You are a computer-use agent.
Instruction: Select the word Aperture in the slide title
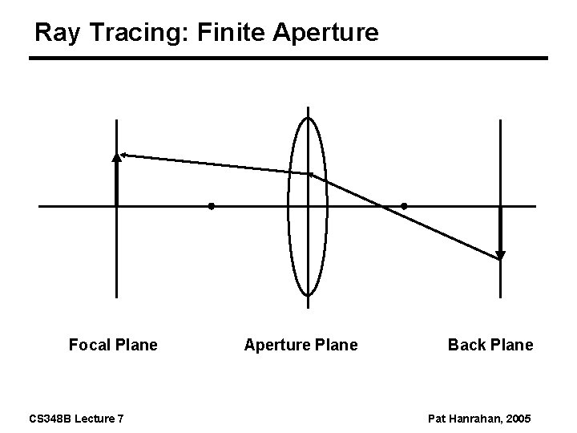click(x=326, y=34)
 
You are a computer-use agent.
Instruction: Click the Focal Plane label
click(x=113, y=345)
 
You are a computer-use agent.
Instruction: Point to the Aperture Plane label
click(x=301, y=345)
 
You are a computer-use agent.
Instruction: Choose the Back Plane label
click(x=490, y=345)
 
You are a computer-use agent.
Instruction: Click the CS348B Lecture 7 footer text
click(x=76, y=419)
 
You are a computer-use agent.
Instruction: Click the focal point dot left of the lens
click(x=211, y=206)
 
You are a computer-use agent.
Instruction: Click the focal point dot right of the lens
click(x=404, y=206)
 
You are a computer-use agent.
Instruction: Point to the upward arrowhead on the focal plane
click(x=117, y=157)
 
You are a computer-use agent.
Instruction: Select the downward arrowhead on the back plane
click(x=500, y=256)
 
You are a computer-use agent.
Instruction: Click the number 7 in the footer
click(x=120, y=419)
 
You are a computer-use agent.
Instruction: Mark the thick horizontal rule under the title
click(x=288, y=59)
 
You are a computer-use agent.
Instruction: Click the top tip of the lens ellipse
click(x=308, y=118)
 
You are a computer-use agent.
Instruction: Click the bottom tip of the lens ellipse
click(x=308, y=294)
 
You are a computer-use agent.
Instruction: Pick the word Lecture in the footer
click(x=93, y=419)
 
